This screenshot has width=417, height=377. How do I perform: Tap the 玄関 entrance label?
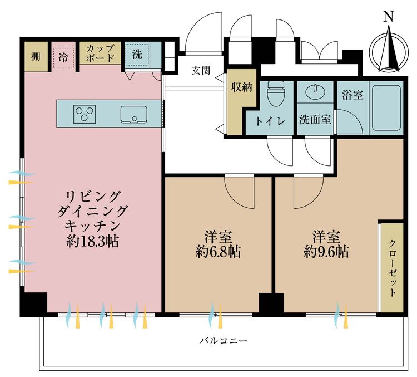200,71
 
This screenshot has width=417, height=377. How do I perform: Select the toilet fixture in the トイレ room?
275,95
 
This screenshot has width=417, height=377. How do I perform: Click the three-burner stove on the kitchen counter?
85,114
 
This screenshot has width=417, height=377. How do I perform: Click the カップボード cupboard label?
101,53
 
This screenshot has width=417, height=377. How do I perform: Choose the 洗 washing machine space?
137,55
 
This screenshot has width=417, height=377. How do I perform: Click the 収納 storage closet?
242,87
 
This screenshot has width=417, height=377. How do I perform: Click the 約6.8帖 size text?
218,252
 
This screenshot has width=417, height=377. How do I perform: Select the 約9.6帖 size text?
326,252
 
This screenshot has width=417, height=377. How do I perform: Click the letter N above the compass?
389,17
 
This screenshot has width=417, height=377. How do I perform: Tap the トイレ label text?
270,120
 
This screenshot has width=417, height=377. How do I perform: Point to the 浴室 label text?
353,95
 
